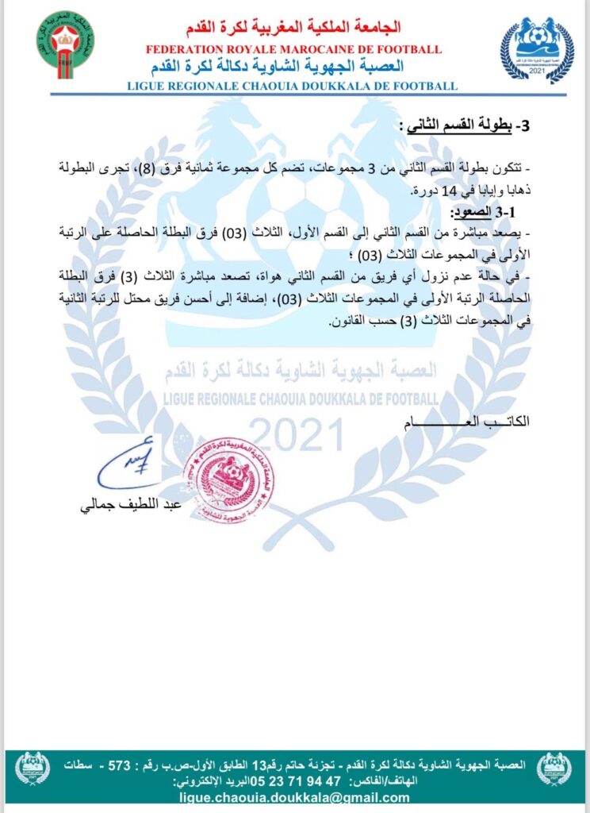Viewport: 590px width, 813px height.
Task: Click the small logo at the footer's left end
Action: click(x=33, y=768)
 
